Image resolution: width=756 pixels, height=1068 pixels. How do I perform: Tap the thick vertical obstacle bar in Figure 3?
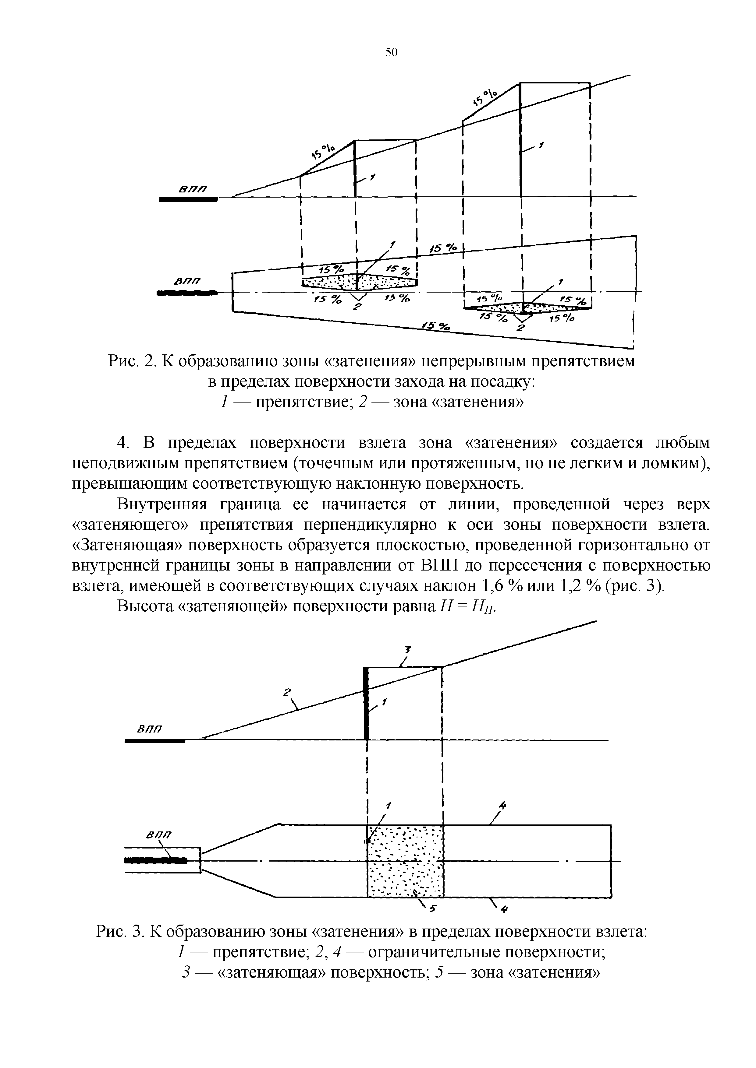click(x=366, y=703)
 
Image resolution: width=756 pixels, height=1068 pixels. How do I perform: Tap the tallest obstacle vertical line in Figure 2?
click(x=520, y=139)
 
